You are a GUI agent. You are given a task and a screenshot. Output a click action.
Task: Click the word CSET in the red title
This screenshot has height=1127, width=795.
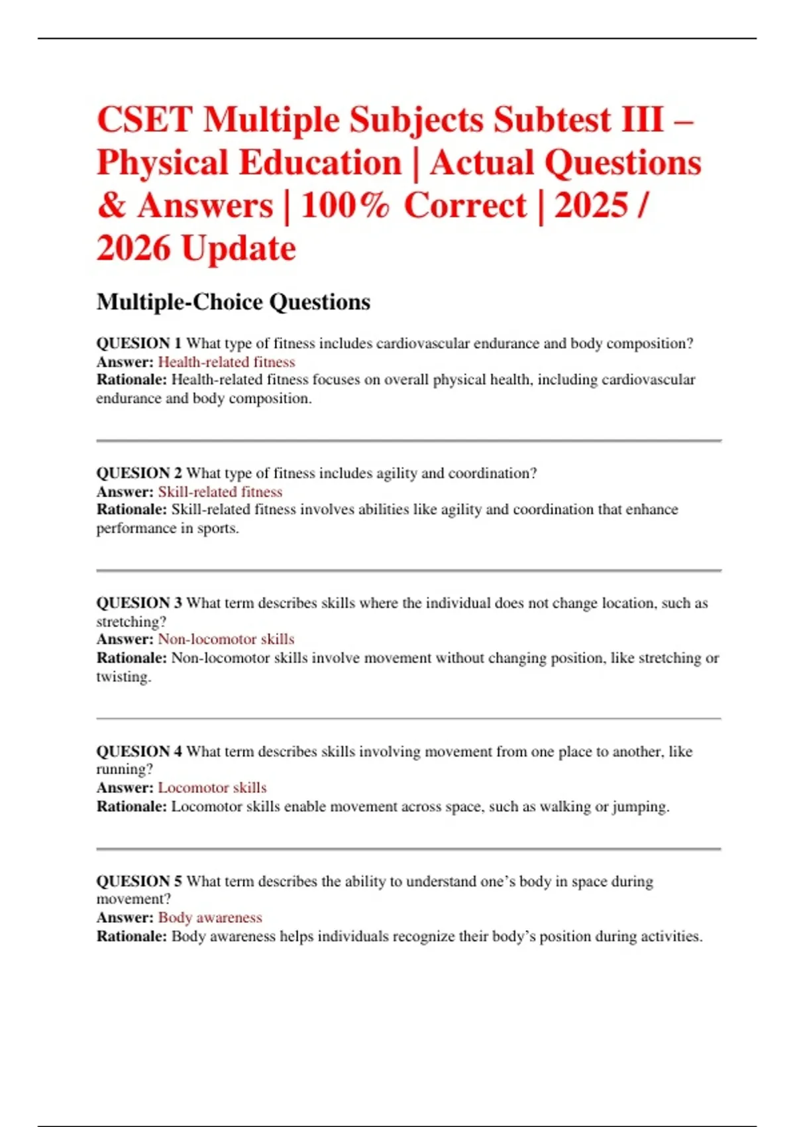point(145,120)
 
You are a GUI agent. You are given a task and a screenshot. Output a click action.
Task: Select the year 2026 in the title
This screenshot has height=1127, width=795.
point(133,249)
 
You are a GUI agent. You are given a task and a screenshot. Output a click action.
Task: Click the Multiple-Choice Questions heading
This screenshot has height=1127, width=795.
point(233,302)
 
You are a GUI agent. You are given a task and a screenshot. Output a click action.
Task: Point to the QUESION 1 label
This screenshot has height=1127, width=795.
point(138,343)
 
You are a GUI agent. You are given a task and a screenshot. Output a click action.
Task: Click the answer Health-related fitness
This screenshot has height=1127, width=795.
point(227,362)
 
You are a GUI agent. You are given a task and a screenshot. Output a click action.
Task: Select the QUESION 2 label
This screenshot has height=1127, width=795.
point(138,473)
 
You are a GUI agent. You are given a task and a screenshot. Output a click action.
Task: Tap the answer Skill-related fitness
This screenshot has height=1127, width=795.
point(220,492)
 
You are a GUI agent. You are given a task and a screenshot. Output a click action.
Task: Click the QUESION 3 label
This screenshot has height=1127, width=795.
point(138,603)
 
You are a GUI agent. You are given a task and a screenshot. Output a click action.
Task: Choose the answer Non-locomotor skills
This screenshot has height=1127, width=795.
point(226,640)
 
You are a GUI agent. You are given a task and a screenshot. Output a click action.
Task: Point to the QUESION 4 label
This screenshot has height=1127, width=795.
point(138,752)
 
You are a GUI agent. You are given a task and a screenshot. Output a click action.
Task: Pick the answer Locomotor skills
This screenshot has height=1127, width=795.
point(212,788)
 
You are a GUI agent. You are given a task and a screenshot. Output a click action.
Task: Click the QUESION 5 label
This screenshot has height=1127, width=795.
point(138,882)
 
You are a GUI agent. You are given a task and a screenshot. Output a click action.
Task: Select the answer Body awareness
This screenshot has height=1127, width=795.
point(210,918)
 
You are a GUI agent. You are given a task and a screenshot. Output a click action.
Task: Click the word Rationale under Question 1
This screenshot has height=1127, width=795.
point(131,380)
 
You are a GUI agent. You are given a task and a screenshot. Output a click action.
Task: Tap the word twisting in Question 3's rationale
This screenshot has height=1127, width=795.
point(123,677)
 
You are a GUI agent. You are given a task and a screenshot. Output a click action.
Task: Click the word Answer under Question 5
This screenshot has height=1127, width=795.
point(125,918)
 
